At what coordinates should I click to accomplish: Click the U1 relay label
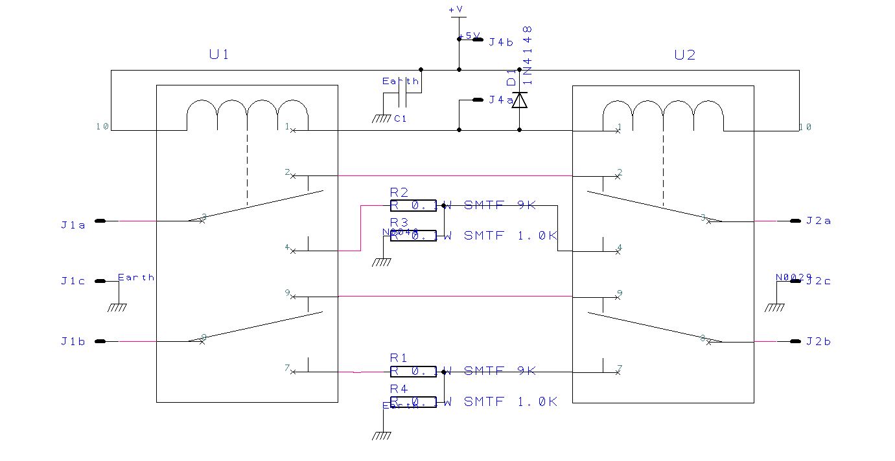(x=218, y=55)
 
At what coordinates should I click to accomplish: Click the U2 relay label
(x=684, y=55)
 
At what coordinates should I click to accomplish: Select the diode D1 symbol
(x=519, y=100)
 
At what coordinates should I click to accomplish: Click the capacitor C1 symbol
(x=402, y=100)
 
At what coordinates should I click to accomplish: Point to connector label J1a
(x=73, y=225)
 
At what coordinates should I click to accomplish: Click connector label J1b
(x=73, y=341)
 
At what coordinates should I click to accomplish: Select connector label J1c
(x=73, y=281)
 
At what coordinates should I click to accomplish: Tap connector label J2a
(x=819, y=221)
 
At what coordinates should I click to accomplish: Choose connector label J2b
(x=819, y=341)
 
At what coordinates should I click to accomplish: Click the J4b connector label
(x=501, y=43)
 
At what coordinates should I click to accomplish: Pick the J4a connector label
(x=501, y=100)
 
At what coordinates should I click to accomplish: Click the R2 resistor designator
(x=399, y=192)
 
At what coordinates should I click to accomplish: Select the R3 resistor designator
(x=399, y=223)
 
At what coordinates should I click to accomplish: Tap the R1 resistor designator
(x=399, y=357)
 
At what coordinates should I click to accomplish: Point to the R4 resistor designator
(x=399, y=388)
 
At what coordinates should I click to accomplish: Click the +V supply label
(x=456, y=10)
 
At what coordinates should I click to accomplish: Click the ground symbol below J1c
(x=118, y=307)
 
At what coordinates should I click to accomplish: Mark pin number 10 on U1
(x=102, y=127)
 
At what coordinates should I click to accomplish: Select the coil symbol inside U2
(x=663, y=115)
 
